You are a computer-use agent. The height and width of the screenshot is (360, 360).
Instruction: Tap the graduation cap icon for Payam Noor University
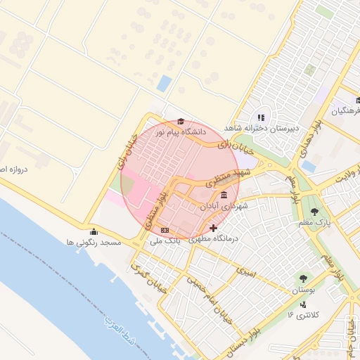[x=181, y=121]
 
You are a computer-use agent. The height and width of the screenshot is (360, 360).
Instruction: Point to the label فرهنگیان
[x=346, y=111]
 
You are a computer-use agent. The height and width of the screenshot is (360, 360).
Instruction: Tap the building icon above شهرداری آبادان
[x=224, y=195]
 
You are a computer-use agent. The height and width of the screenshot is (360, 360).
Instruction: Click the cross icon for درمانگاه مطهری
[x=214, y=228]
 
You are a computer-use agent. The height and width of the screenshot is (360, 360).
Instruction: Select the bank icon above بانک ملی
[x=165, y=230]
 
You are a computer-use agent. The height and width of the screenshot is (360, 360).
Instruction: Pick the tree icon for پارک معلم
[x=314, y=212]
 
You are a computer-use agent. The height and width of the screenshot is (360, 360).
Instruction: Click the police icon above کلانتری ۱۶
[x=302, y=304]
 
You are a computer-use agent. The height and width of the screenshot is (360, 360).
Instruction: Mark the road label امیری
[x=245, y=270]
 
